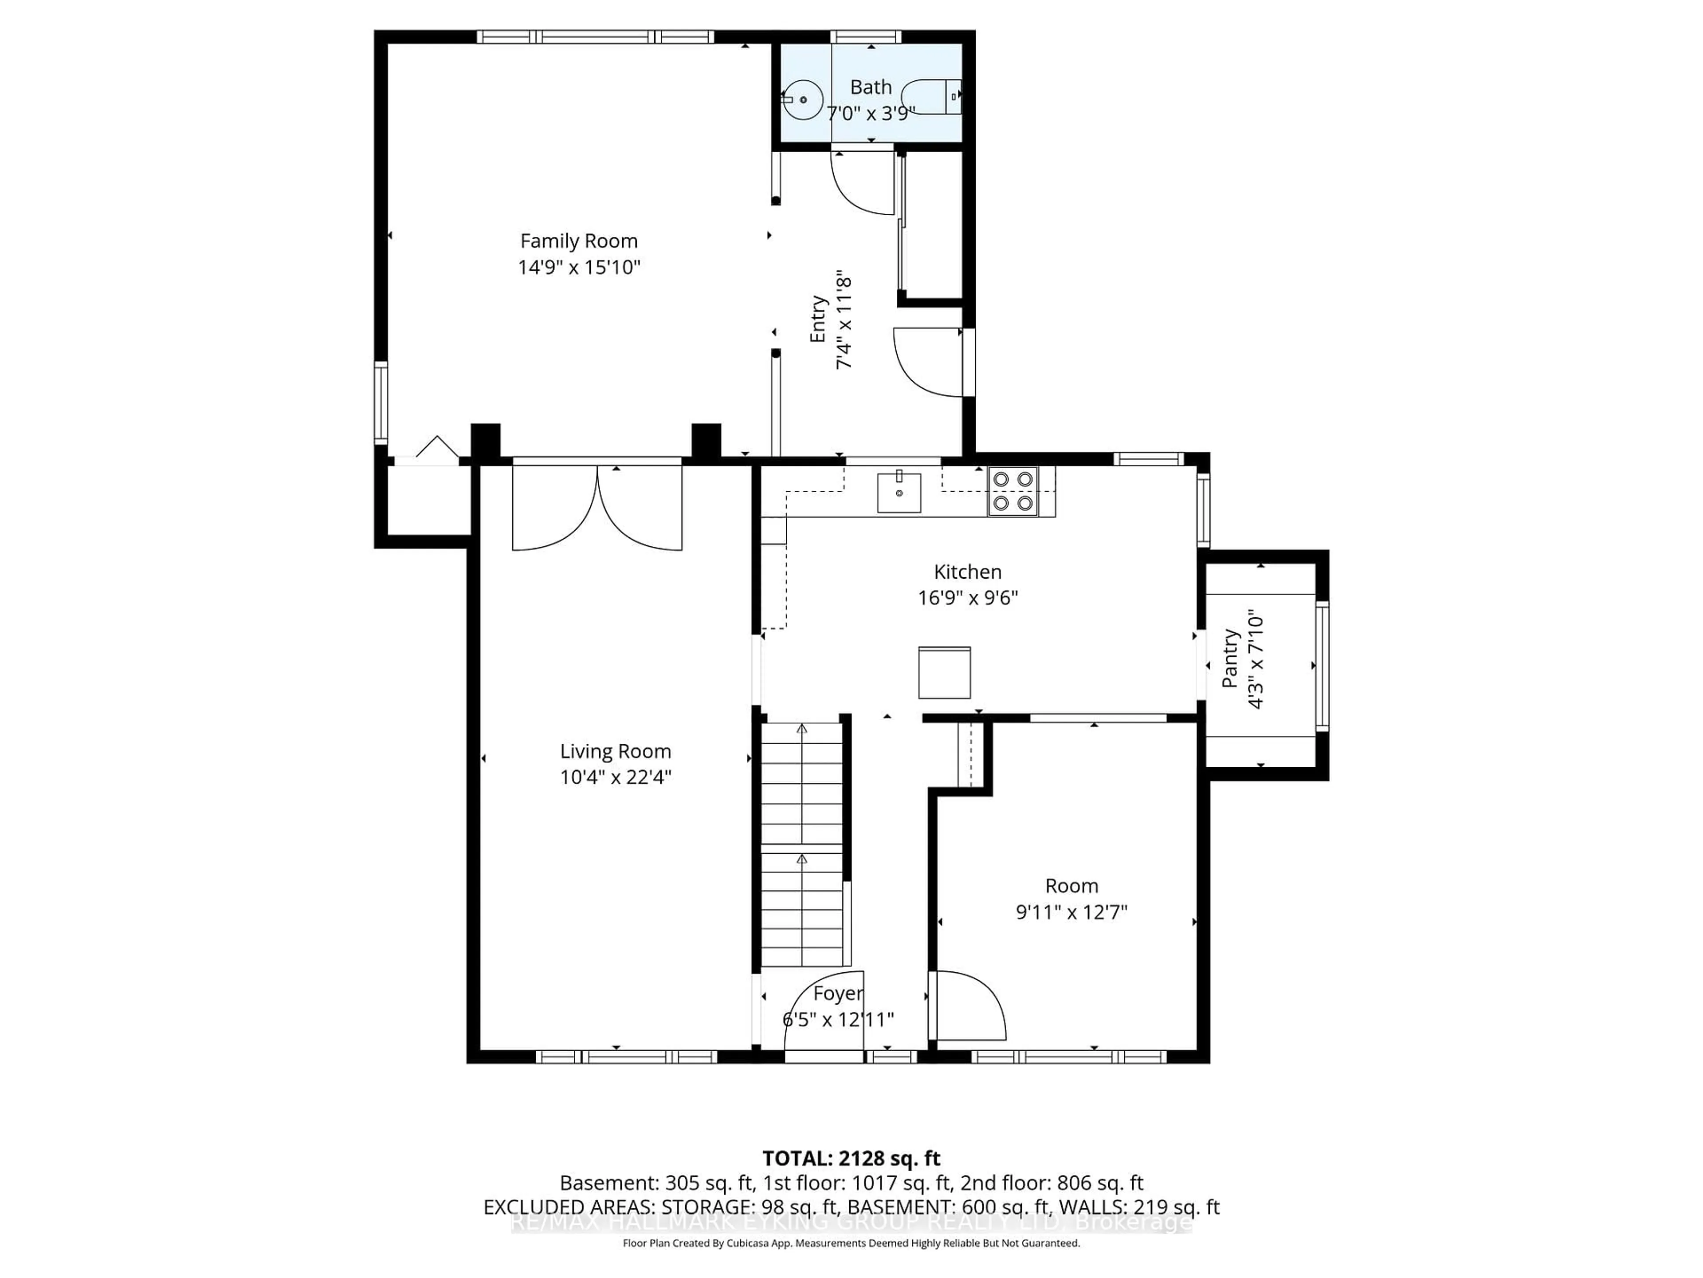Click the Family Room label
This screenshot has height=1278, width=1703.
[x=579, y=241]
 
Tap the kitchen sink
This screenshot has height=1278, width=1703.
[x=899, y=492]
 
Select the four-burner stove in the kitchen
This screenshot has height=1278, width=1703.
[x=1012, y=492]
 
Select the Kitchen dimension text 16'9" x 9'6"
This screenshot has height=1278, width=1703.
[x=968, y=598]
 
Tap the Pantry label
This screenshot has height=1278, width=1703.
[x=1230, y=658]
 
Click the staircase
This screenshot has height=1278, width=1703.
[x=802, y=844]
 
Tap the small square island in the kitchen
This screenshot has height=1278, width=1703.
[x=944, y=673]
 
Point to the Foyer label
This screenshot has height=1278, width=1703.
[x=838, y=994]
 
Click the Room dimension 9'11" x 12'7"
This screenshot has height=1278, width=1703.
[x=1071, y=912]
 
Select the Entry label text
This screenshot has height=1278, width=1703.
[x=818, y=319]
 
